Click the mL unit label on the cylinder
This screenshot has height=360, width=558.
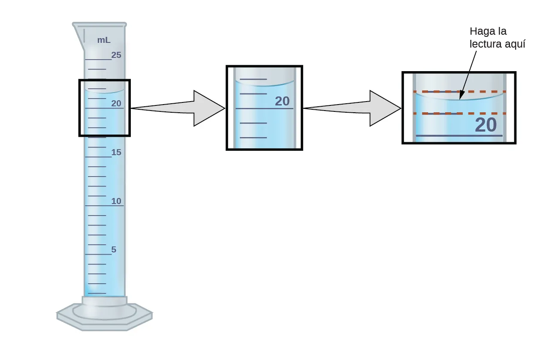(x=103, y=40)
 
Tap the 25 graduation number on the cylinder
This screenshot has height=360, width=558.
(x=116, y=55)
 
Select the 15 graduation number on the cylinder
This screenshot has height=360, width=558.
(x=116, y=152)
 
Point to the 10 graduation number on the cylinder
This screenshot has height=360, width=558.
(x=117, y=201)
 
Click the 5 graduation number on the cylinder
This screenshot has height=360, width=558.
(x=114, y=249)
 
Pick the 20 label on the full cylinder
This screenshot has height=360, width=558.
(x=116, y=103)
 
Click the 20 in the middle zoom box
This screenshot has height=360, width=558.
(x=282, y=101)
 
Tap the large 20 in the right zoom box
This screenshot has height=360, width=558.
(x=486, y=125)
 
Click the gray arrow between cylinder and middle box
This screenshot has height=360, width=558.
(x=180, y=108)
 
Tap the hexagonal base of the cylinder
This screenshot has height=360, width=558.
(x=105, y=318)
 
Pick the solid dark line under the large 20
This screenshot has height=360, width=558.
(x=459, y=136)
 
